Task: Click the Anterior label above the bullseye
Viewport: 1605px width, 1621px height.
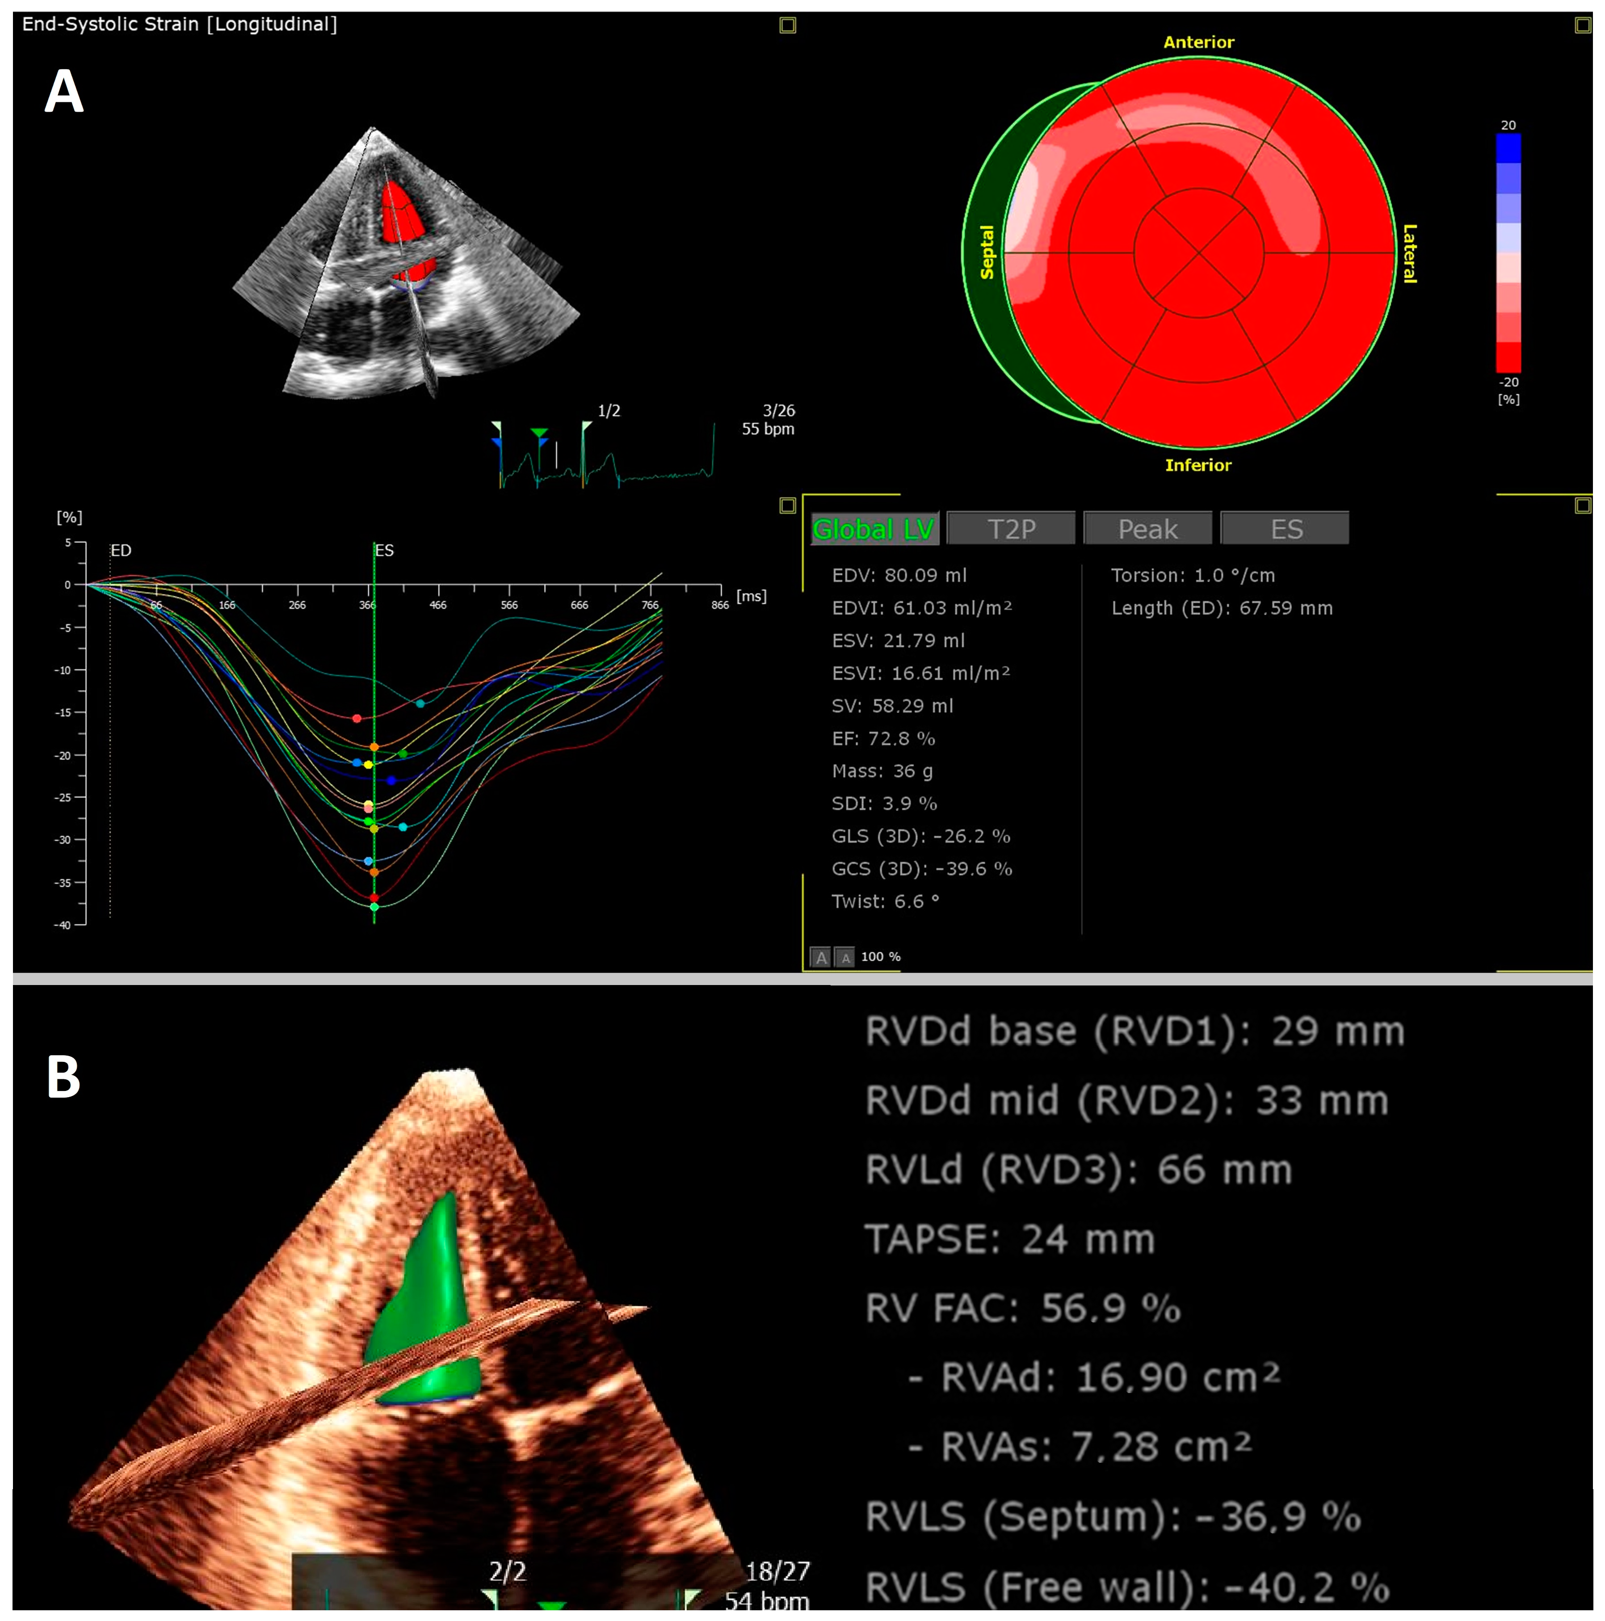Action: [x=1198, y=42]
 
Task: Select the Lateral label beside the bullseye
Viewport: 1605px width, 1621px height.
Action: [x=1410, y=253]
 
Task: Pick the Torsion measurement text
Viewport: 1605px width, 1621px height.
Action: [x=1192, y=576]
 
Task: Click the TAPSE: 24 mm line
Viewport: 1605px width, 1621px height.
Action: [x=1009, y=1239]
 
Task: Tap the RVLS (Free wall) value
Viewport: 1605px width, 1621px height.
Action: [x=1126, y=1587]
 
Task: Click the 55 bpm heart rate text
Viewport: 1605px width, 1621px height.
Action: [x=768, y=429]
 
